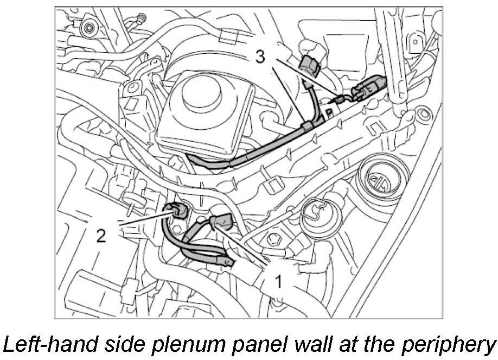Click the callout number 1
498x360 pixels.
278,282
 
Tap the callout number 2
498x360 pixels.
101,236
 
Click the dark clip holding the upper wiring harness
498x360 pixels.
308,127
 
